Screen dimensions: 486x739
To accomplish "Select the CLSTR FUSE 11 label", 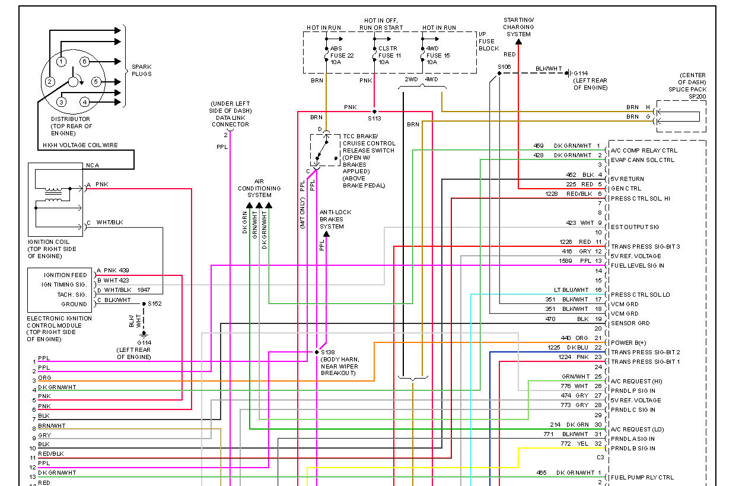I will pos(387,55).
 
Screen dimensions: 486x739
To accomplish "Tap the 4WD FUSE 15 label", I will pos(438,55).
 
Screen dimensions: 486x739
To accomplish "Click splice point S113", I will pos(374,112).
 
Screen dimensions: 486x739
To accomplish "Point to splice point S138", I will pos(317,352).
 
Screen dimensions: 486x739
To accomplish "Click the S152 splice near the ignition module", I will pos(144,304).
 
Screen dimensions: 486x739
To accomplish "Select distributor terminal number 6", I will pos(84,62).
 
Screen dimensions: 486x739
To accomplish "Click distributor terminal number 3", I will pos(60,102).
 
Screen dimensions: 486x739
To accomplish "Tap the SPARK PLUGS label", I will pos(141,70).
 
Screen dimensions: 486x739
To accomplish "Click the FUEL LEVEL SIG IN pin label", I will pos(638,266).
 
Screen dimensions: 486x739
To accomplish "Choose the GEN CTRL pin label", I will pos(626,189).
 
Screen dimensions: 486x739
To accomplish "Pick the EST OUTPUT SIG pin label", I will pos(635,227).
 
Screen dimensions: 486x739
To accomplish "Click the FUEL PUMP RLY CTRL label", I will pos(642,477).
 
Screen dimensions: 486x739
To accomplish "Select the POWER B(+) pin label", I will pos(629,342).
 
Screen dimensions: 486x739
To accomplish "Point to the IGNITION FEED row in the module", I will pos(65,275).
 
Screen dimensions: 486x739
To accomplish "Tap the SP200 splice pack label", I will pos(697,96).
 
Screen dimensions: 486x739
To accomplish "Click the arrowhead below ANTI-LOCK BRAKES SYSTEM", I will pos(326,234).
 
